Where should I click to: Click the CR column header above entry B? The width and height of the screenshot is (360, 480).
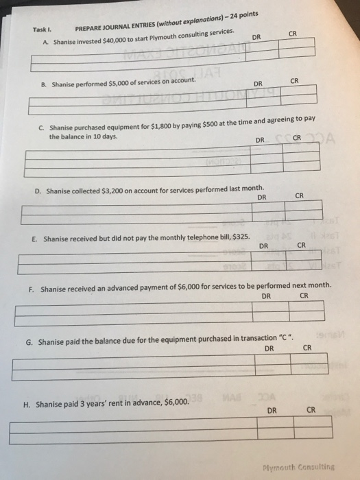click(x=296, y=81)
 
